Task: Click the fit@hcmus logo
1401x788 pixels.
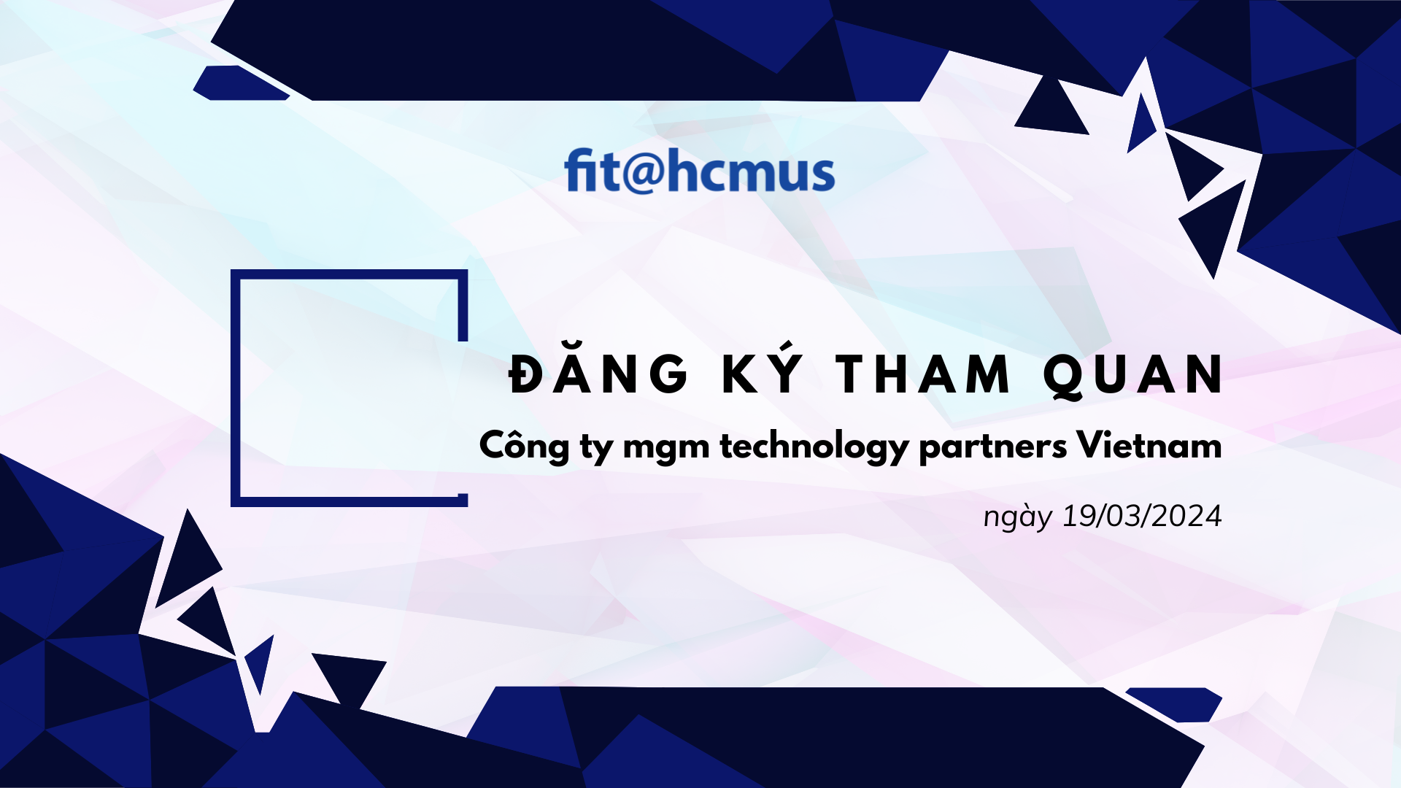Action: tap(699, 171)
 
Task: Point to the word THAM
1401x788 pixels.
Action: tap(923, 374)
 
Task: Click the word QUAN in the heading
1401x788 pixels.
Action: tap(1133, 376)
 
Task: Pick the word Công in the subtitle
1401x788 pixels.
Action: tap(524, 444)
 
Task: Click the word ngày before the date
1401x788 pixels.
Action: tap(1018, 517)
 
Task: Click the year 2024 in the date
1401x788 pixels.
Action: tap(1187, 516)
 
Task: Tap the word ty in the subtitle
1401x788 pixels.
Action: tap(597, 447)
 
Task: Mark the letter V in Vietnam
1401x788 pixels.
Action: tap(1092, 444)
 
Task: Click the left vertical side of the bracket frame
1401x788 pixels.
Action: tap(235, 388)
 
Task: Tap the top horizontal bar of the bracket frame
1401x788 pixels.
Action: tap(349, 274)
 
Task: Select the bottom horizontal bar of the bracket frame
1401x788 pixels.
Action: tap(349, 502)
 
